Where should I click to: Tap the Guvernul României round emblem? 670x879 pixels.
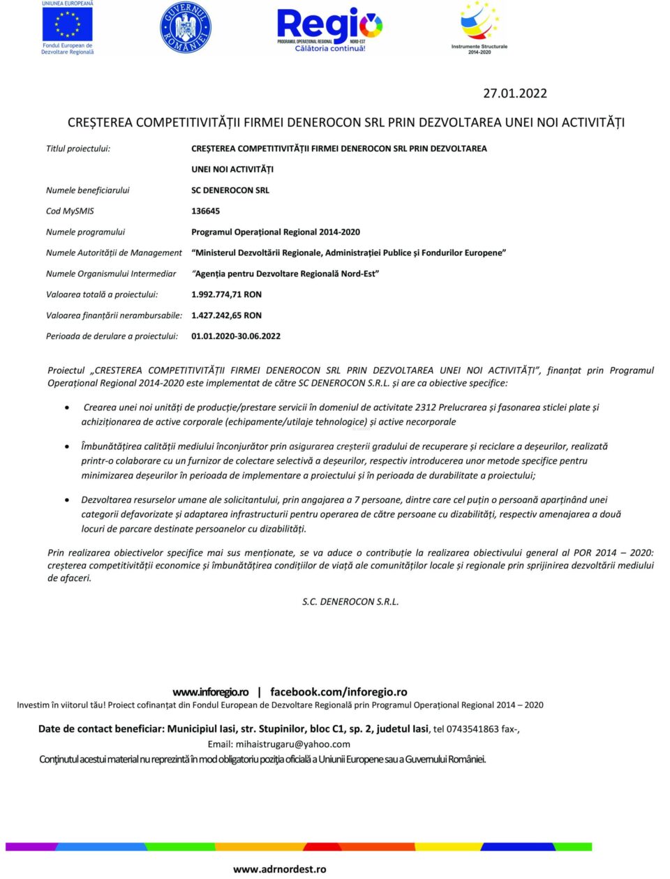186,28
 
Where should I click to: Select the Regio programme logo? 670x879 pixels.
329,28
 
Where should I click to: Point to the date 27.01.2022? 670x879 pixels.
515,93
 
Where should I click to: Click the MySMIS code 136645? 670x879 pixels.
205,211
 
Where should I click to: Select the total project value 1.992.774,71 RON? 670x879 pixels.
226,294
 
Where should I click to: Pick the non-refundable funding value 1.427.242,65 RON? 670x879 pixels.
226,315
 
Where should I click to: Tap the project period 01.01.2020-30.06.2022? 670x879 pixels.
236,336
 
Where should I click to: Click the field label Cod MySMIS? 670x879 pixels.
70,211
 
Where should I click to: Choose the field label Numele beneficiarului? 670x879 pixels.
87,190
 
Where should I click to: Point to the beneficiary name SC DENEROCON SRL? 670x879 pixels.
230,190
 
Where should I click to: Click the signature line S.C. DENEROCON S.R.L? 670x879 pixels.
350,601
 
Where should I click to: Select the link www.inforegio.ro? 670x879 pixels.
210,692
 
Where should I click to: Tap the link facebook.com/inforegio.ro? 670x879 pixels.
338,692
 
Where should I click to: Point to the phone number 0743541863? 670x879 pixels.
472,729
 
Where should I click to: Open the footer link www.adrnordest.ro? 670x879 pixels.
279,869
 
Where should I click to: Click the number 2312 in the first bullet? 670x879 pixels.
425,407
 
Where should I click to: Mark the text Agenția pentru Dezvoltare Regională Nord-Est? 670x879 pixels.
286,273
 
